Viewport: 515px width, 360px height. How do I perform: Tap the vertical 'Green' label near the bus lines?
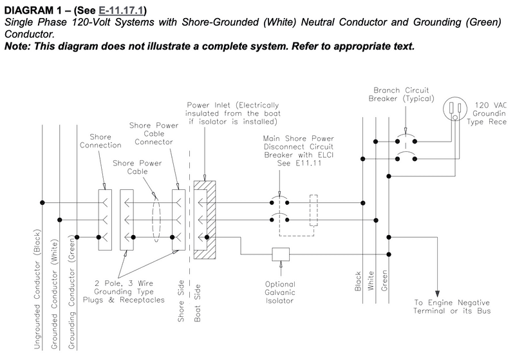384,281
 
